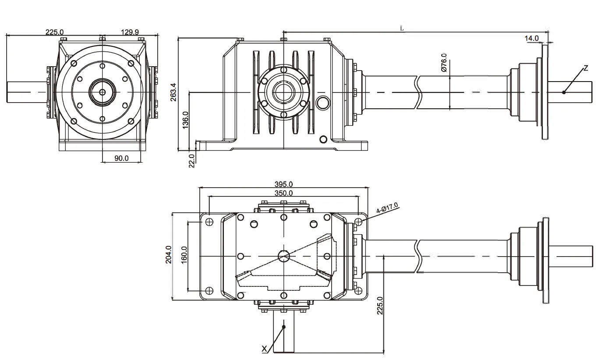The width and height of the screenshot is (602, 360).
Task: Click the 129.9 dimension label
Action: click(x=130, y=32)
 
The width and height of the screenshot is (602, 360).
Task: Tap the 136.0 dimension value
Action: click(x=185, y=120)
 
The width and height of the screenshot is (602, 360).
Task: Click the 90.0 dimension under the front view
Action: click(x=121, y=158)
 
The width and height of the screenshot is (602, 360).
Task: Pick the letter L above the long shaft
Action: click(x=402, y=28)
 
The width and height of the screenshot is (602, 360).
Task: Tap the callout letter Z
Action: click(x=586, y=68)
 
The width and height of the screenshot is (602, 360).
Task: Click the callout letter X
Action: click(x=264, y=349)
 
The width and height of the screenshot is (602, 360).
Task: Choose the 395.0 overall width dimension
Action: click(x=283, y=184)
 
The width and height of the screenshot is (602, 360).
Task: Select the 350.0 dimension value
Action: click(x=283, y=193)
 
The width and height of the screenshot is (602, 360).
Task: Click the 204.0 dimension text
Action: click(x=168, y=255)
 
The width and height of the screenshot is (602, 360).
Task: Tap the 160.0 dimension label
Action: click(x=184, y=255)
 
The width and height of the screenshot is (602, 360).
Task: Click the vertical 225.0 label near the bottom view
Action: click(x=380, y=306)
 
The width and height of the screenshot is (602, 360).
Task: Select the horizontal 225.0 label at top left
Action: click(x=54, y=32)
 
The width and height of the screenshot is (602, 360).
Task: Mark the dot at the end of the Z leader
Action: click(x=564, y=92)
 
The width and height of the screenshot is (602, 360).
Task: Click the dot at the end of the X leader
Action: click(x=284, y=327)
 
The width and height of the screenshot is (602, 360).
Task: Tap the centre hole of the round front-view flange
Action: click(x=102, y=92)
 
